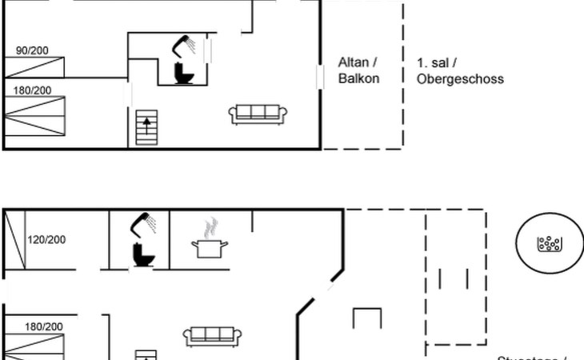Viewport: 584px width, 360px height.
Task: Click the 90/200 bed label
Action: (32, 50)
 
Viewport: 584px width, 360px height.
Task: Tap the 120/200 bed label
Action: (47, 239)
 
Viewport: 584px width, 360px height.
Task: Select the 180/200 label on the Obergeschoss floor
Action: (32, 90)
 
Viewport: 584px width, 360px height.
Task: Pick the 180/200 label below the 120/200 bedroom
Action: (44, 326)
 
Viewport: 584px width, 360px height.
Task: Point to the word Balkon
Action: (358, 78)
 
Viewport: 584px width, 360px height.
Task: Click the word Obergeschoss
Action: (460, 78)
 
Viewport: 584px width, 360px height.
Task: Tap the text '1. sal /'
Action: (437, 62)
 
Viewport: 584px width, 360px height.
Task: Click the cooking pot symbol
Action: (211, 249)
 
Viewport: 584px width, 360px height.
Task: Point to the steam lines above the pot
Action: (211, 227)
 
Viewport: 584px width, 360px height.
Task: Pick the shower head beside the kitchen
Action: (145, 222)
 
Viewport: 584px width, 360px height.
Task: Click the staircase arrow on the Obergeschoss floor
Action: (146, 123)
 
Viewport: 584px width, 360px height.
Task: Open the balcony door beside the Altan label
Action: (321, 77)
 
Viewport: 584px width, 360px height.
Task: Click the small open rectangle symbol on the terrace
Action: (366, 318)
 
